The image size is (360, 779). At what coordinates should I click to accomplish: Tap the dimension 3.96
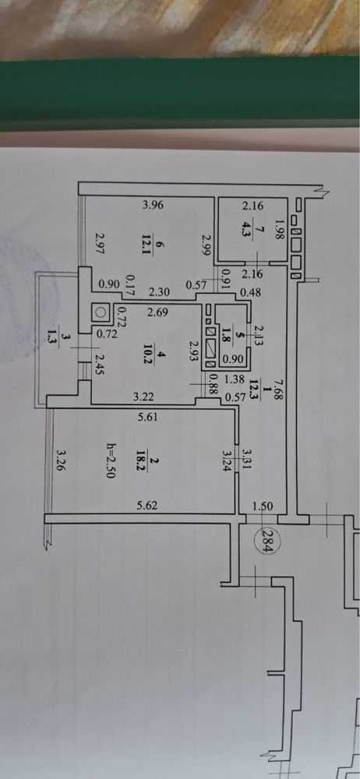[x=153, y=204]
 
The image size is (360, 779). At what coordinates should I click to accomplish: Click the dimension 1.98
[x=279, y=230]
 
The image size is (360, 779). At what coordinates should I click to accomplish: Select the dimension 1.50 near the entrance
[x=263, y=506]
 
